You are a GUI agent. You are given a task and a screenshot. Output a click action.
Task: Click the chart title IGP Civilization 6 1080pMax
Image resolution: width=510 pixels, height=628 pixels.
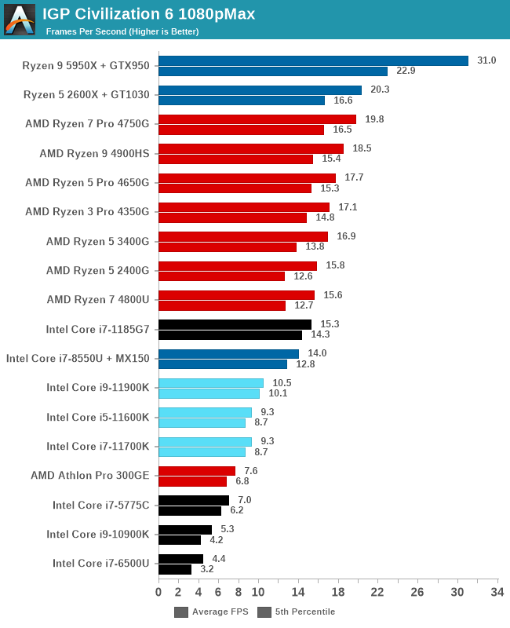click(x=148, y=13)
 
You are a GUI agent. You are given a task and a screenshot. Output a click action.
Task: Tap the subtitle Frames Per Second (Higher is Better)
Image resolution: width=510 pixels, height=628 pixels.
click(x=122, y=31)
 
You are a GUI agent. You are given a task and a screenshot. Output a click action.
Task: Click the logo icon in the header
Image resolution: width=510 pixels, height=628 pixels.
click(x=20, y=20)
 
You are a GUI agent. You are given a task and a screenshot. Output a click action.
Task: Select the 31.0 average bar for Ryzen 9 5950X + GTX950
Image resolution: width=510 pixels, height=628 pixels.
click(x=313, y=60)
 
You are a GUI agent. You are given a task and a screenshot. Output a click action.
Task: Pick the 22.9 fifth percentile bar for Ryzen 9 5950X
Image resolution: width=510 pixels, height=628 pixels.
click(x=273, y=71)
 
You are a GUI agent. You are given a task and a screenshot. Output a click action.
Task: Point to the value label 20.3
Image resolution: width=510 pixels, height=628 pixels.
click(x=380, y=89)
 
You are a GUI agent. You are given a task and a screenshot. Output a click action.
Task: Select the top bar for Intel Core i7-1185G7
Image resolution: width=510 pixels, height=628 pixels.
click(x=235, y=324)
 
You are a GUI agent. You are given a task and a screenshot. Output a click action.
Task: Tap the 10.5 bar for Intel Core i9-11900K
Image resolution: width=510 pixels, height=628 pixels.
click(x=211, y=383)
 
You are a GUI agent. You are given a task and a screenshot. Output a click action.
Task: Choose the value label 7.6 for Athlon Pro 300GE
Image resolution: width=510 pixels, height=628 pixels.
click(x=250, y=471)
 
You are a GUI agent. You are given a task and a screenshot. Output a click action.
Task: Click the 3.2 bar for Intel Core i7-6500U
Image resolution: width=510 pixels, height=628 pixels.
click(x=175, y=569)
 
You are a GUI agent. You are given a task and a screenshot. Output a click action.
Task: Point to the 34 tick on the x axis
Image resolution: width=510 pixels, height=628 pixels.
click(x=497, y=592)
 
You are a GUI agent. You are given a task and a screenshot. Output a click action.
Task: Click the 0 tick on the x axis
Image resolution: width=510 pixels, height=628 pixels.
click(x=158, y=592)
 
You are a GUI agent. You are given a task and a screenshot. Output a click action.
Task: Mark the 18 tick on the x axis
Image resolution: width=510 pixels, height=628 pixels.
click(x=338, y=592)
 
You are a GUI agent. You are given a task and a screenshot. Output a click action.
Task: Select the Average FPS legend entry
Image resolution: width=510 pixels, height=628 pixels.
click(x=211, y=612)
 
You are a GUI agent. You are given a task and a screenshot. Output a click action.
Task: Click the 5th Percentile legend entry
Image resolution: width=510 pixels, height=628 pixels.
click(x=297, y=612)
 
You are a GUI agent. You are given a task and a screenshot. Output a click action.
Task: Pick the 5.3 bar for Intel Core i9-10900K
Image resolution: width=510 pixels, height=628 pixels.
click(x=185, y=530)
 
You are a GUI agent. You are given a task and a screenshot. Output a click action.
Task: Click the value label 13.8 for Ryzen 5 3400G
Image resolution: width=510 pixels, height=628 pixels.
click(x=315, y=246)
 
